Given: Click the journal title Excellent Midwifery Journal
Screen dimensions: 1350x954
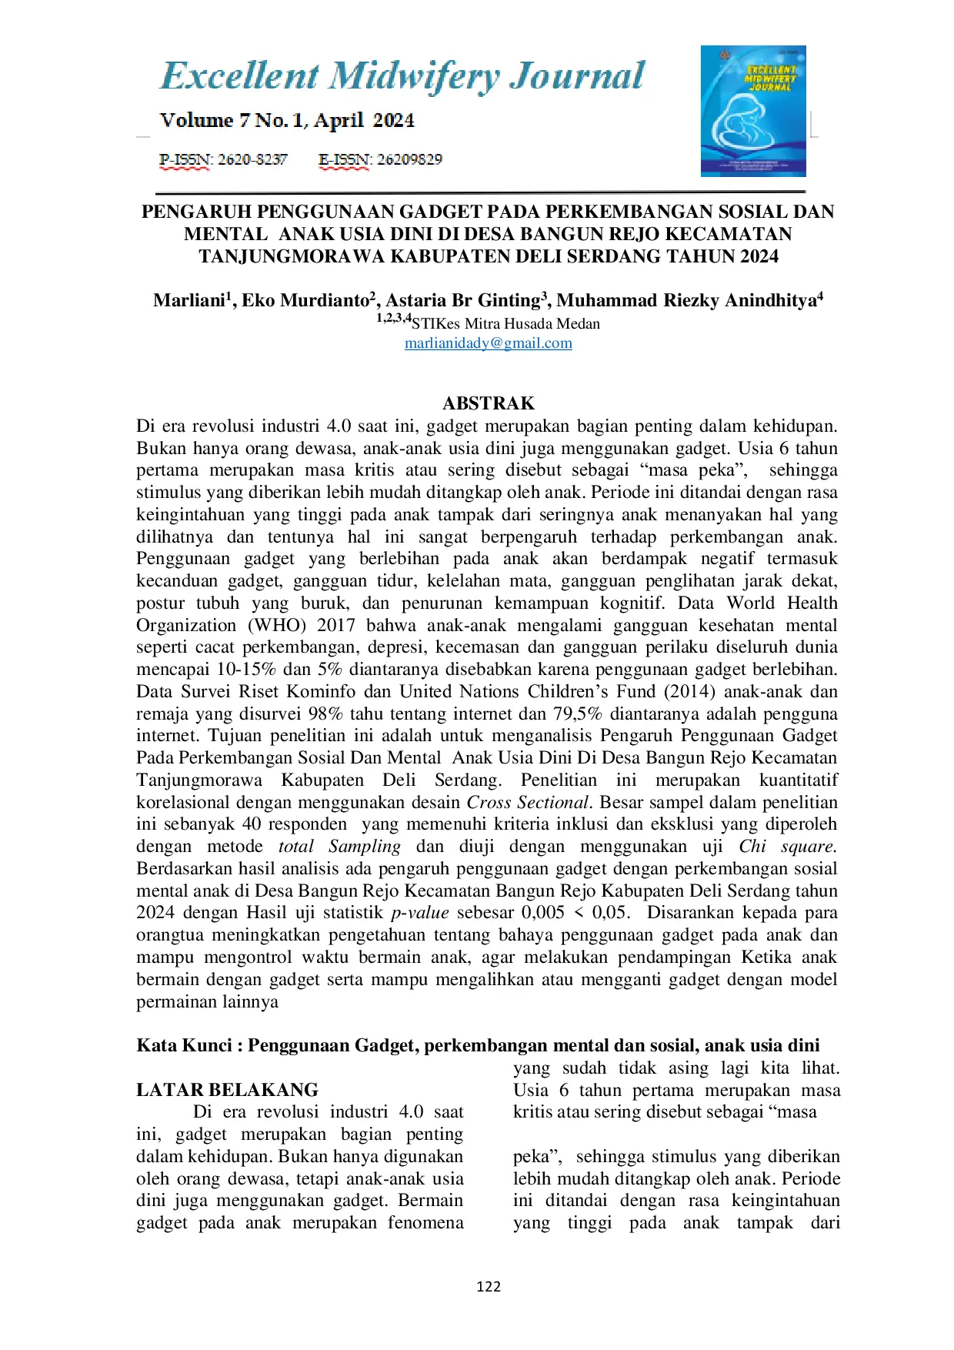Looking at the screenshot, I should tap(402, 76).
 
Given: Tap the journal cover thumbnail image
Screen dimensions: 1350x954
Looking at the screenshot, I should tap(753, 111).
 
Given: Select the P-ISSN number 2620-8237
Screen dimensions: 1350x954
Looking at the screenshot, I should tap(252, 160).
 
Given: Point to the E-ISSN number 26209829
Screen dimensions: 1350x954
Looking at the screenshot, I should tap(409, 160).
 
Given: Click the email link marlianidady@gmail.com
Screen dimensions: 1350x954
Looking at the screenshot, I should tap(489, 343).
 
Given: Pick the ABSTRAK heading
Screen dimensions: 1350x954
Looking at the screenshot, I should tap(489, 403).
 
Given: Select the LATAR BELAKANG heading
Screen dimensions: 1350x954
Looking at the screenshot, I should tap(227, 1090).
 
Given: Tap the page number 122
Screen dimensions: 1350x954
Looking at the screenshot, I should tap(489, 1286).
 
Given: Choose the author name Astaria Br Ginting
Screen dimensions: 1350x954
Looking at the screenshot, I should tap(465, 300).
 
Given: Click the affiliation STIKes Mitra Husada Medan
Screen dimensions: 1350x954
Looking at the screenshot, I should tap(505, 324).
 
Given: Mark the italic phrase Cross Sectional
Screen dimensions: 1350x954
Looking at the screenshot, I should tap(528, 802).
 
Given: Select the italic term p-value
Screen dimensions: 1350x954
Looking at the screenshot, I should tap(420, 913).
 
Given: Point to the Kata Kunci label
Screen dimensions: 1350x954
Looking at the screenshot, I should tap(185, 1045).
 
